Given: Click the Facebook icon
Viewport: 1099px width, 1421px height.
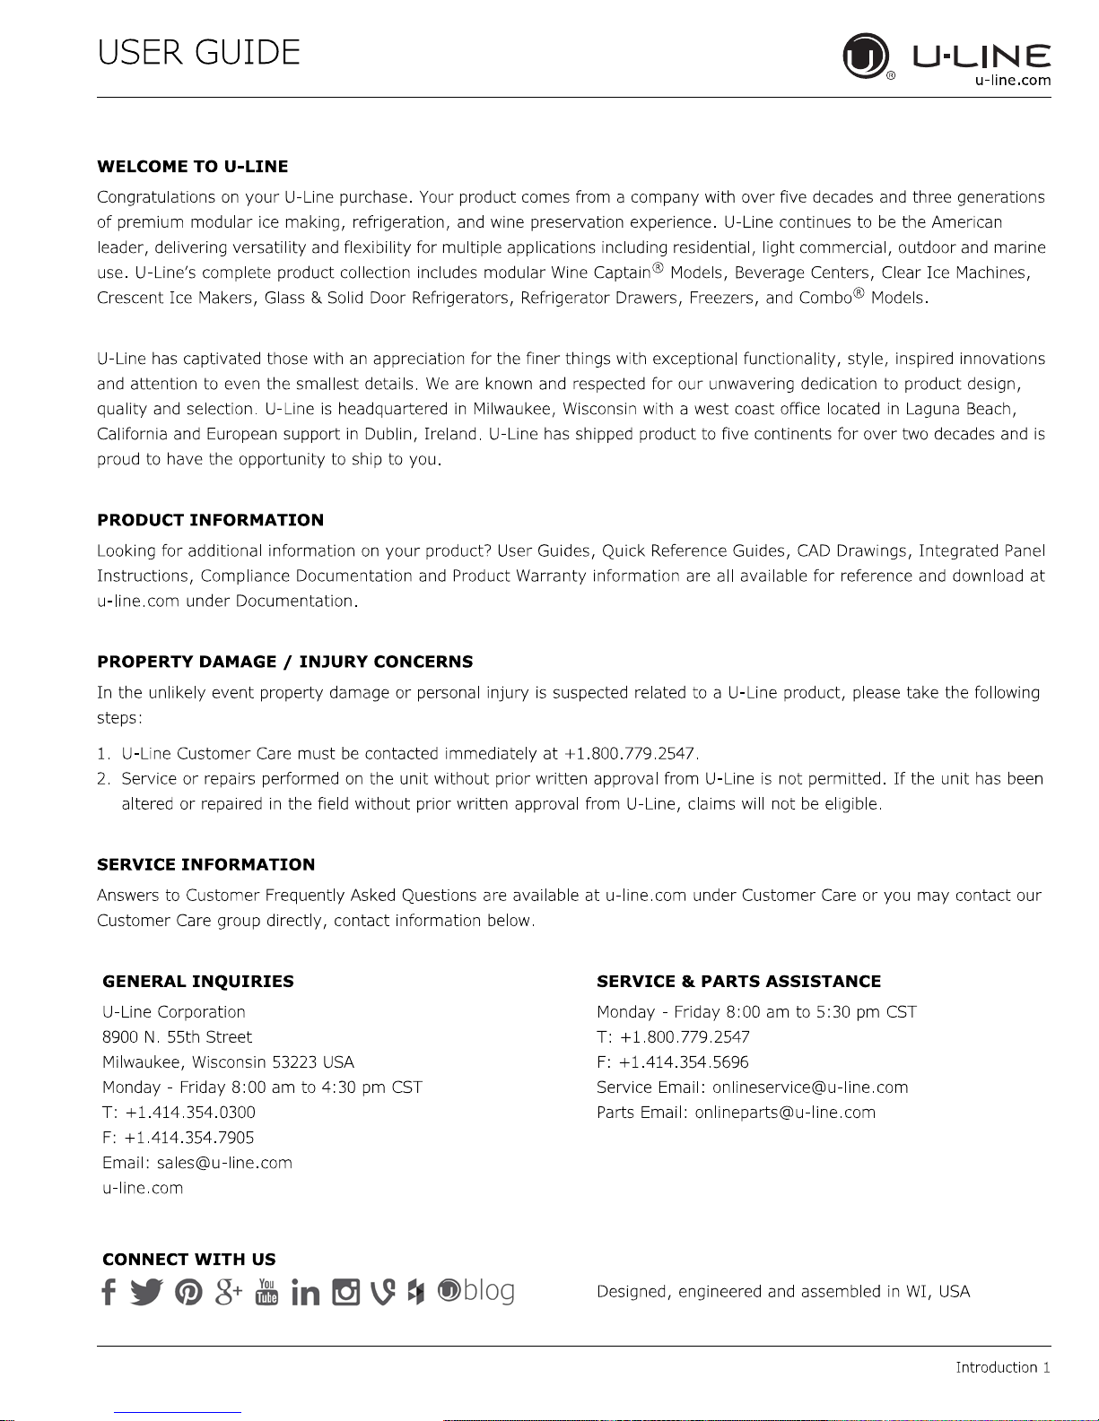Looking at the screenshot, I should click(109, 1292).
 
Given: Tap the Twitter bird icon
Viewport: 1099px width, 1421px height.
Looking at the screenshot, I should click(146, 1292).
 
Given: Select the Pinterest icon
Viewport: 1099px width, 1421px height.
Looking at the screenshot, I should click(188, 1292).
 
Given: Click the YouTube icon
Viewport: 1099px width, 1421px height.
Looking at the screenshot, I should click(266, 1292).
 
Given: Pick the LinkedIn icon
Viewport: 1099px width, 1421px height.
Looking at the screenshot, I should click(305, 1293).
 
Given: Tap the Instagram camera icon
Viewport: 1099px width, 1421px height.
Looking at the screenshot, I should click(345, 1292).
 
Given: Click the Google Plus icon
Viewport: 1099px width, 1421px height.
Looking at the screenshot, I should click(229, 1292).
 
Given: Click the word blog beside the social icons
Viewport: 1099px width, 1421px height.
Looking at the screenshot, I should click(489, 1291).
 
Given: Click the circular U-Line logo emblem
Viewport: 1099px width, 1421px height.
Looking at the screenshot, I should click(865, 56).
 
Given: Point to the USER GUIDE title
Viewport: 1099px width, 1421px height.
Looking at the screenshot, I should click(198, 53).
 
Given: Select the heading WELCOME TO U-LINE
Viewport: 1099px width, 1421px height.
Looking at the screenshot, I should click(192, 167).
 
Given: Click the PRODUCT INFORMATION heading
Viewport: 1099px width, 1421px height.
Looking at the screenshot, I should click(210, 520).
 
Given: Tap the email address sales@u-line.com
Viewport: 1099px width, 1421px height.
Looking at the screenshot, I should click(224, 1163).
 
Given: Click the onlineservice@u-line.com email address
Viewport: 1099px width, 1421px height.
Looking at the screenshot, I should click(810, 1087).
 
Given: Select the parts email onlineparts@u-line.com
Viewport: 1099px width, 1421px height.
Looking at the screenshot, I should click(785, 1113).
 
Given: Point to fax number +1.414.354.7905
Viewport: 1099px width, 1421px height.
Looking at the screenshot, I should click(189, 1138).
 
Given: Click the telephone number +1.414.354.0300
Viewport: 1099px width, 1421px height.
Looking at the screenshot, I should click(190, 1113).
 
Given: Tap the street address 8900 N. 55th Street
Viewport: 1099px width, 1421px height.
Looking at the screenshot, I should click(178, 1037).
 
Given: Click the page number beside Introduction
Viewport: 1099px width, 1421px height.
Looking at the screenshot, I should click(1045, 1367).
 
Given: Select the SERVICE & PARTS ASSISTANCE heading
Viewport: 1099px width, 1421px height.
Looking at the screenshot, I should click(738, 982).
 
